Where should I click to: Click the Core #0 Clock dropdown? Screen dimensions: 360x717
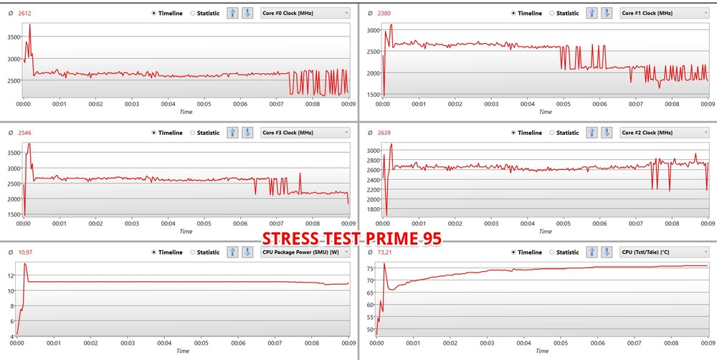click(305, 12)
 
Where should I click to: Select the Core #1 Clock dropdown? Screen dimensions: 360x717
click(663, 12)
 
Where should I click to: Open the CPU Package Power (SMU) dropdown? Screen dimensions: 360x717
click(305, 252)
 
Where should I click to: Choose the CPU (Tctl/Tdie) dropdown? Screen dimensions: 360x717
click(663, 252)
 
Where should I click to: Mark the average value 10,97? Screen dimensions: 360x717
click(26, 252)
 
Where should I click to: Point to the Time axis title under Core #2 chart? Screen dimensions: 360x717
click(545, 232)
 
